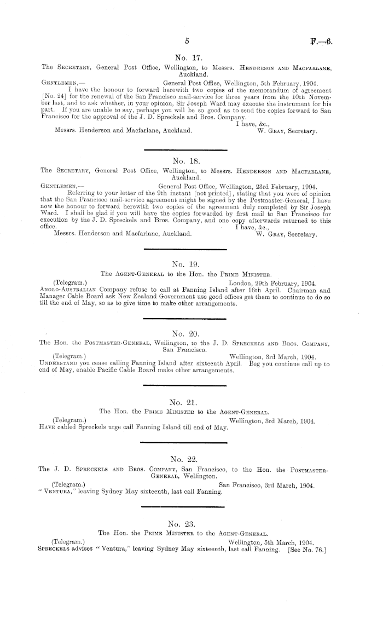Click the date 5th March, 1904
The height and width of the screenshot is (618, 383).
[288, 542]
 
